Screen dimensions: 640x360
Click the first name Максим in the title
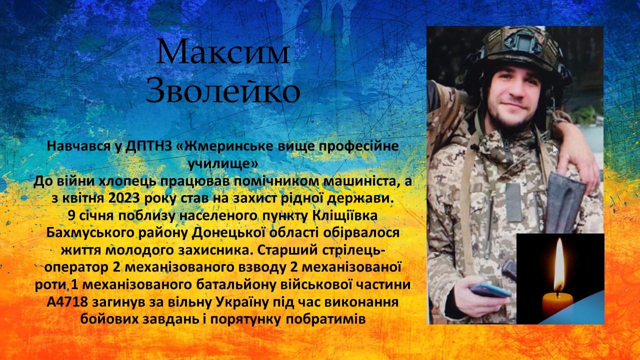[223, 51]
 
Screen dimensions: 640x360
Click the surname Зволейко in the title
[223, 90]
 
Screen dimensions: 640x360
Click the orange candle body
[557, 305]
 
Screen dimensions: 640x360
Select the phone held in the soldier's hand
[490, 289]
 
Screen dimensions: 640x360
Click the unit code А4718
[67, 302]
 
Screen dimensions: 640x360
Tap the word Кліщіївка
[345, 215]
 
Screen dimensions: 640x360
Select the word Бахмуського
[90, 233]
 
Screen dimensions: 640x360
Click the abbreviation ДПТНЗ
[149, 146]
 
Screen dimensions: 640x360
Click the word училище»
[223, 164]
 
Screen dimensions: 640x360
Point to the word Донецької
[227, 233]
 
